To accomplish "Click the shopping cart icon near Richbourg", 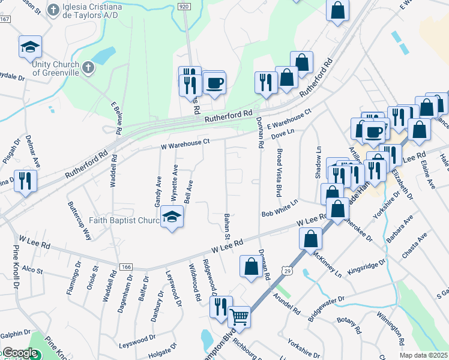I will pyautogui.click(x=239, y=316).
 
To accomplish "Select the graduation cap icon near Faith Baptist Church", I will pyautogui.click(x=172, y=218).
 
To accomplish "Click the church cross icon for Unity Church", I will pyautogui.click(x=88, y=67).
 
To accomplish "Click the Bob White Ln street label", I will pyautogui.click(x=280, y=211).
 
